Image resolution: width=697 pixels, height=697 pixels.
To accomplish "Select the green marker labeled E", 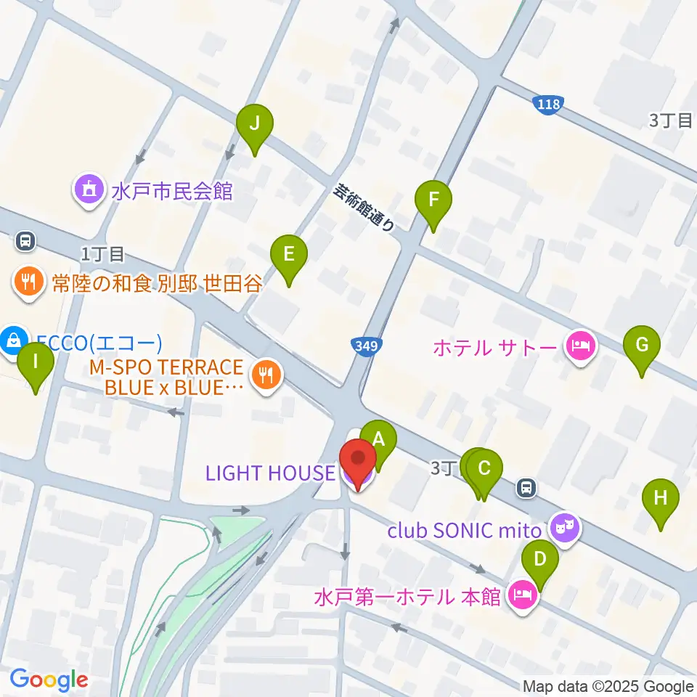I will [288, 255].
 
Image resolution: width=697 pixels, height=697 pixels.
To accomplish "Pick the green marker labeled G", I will [642, 345].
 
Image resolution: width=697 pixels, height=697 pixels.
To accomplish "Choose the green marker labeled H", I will [660, 499].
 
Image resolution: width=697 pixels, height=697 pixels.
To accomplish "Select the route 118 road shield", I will [548, 104].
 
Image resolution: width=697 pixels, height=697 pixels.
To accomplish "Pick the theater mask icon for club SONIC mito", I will [563, 526].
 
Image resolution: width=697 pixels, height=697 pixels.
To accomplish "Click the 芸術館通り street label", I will [364, 207].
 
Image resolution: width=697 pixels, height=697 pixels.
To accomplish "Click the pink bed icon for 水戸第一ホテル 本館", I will [523, 596].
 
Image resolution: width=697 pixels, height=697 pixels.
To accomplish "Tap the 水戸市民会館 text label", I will [171, 191].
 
